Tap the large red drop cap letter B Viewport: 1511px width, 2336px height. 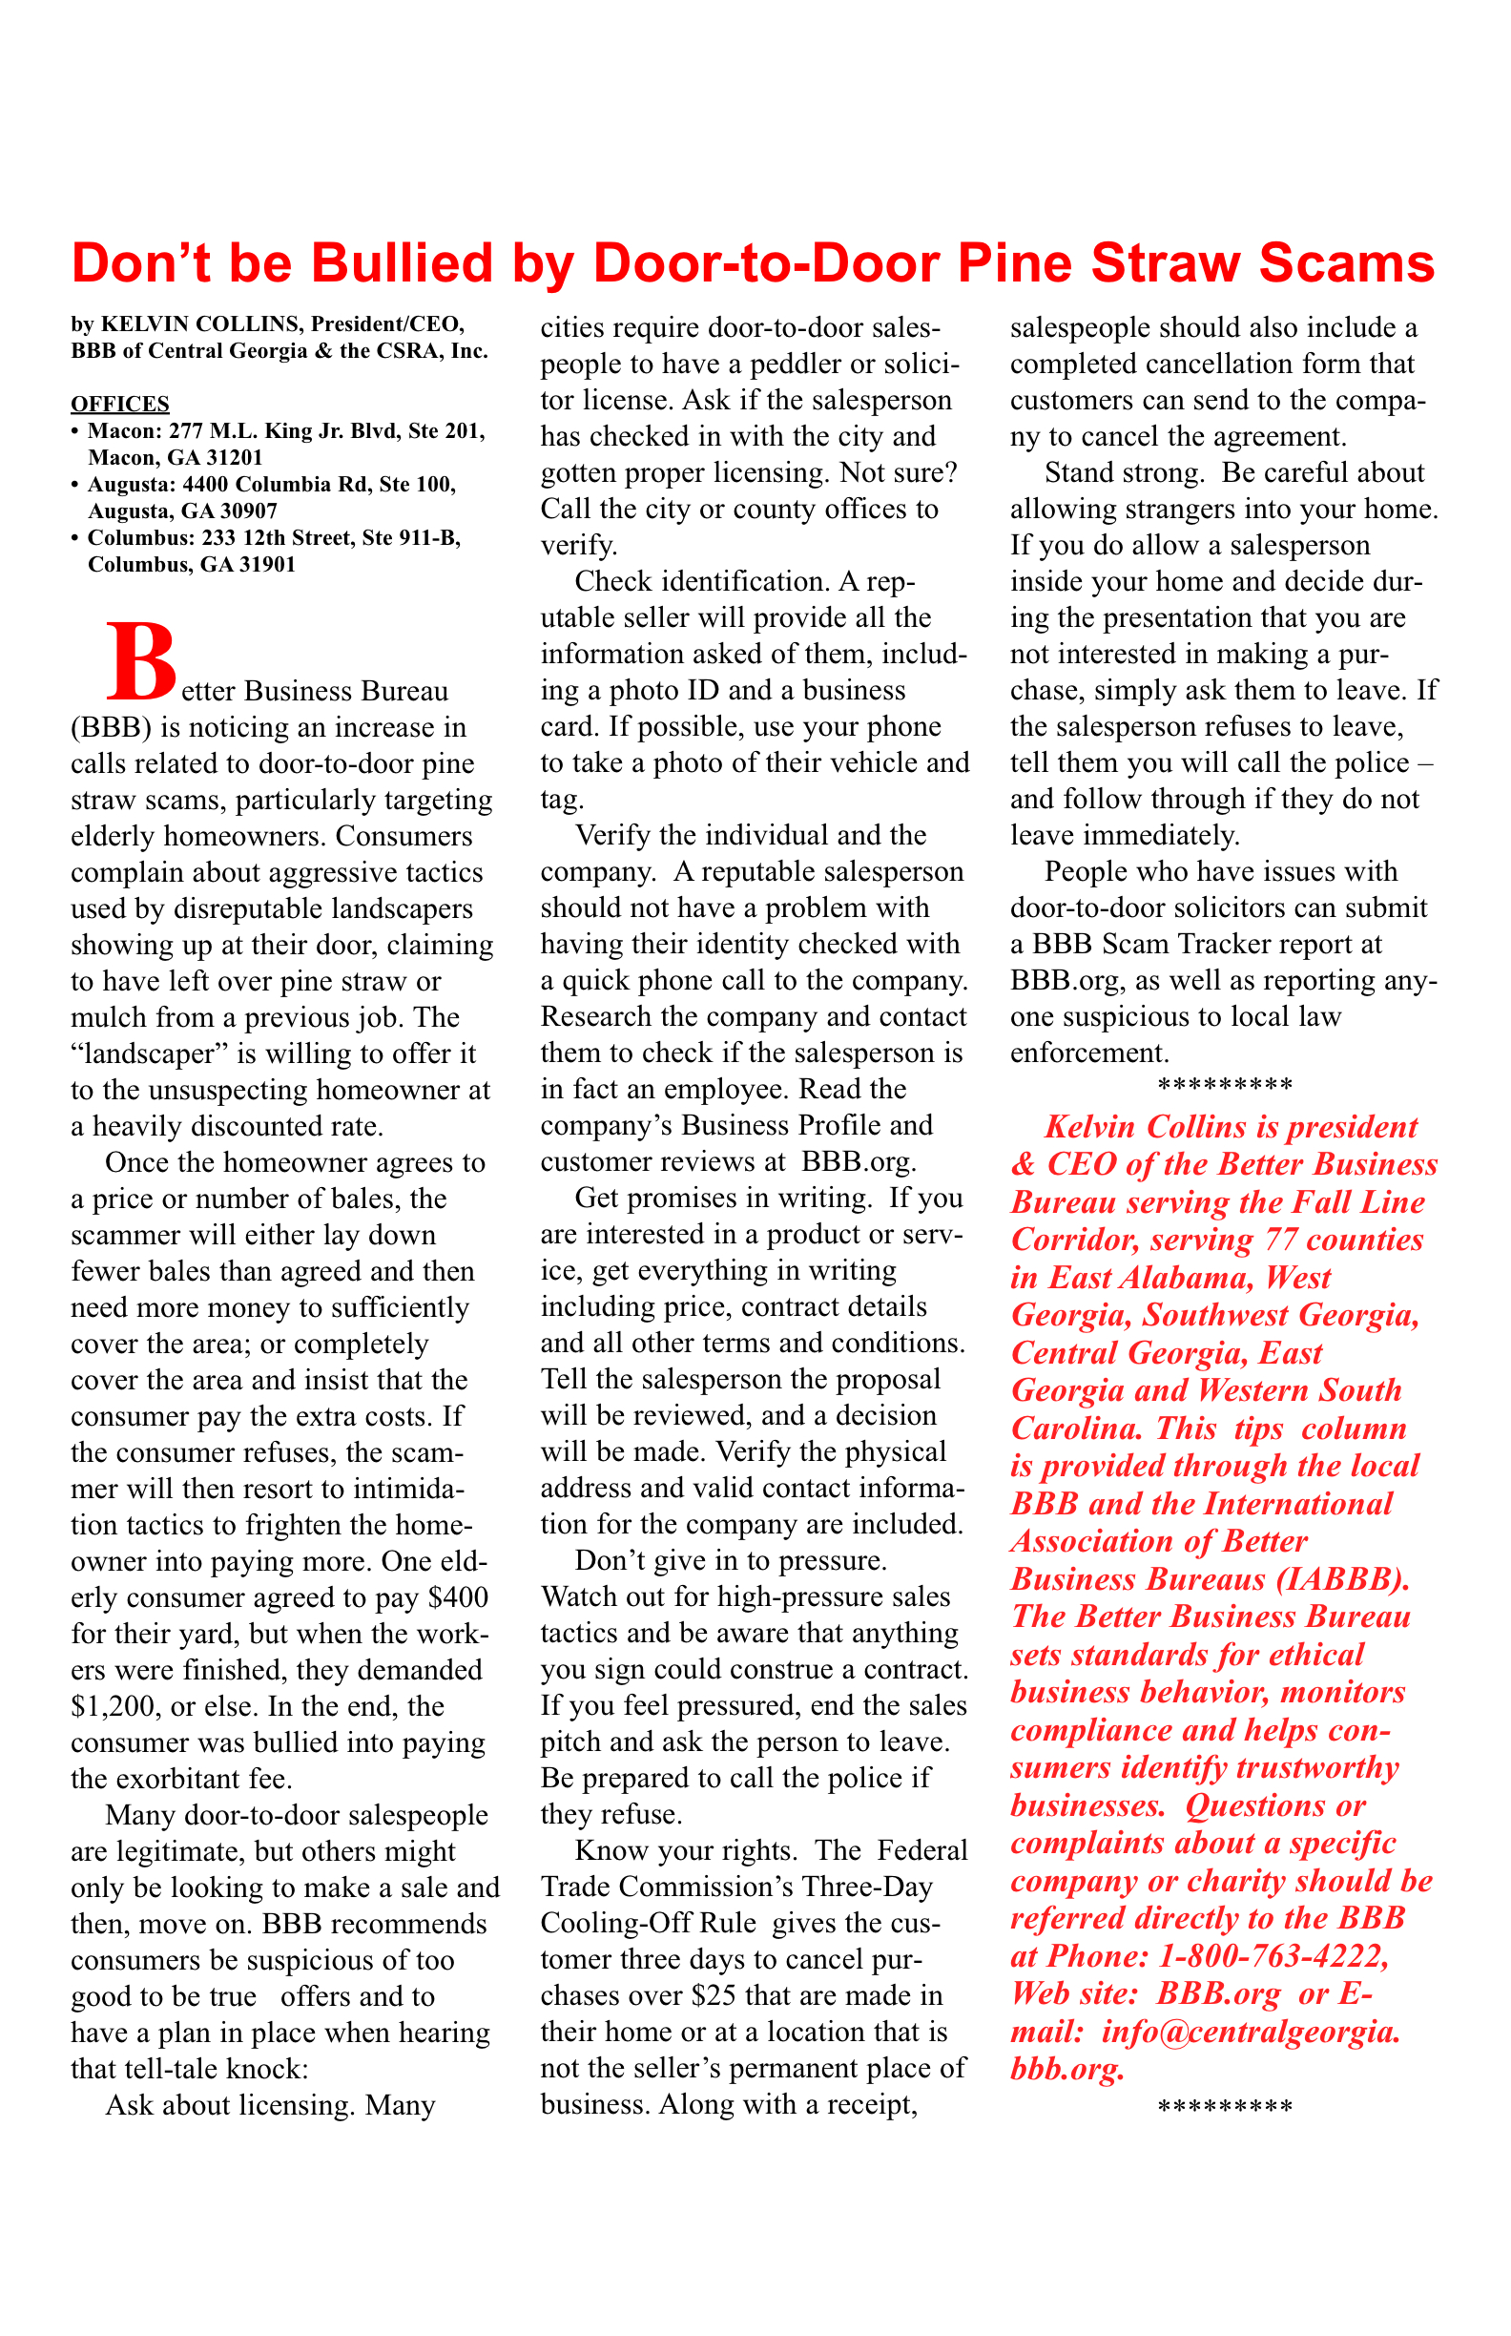(143, 661)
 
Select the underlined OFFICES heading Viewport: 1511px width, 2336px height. (119, 404)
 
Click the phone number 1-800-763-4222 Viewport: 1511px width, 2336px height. (1273, 1956)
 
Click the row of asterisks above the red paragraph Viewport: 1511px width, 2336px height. (1225, 1087)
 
